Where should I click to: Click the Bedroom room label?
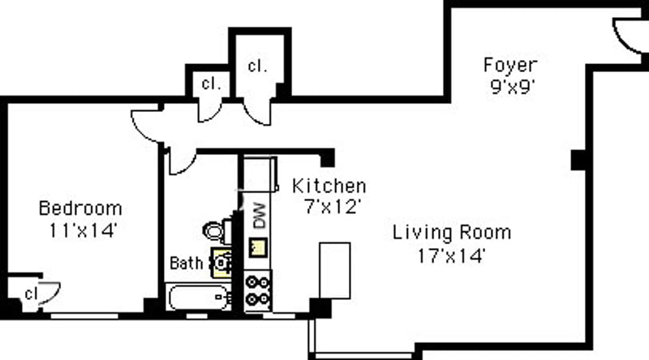point(80,208)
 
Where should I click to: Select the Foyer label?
point(511,65)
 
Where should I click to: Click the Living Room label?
point(452,233)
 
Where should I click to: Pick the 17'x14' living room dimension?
point(451,255)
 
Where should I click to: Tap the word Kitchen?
point(329,186)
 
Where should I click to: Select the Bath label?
point(187,264)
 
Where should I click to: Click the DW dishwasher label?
point(260,215)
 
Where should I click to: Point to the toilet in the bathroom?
point(217,231)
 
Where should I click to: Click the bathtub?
point(199,297)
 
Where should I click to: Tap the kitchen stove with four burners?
point(257,290)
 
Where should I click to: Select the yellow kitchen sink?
point(257,247)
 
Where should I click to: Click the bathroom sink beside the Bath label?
point(221,263)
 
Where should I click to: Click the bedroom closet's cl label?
point(31,294)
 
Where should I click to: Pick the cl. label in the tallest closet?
point(257,66)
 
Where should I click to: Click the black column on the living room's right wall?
point(578,160)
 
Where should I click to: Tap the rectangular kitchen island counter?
point(335,271)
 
